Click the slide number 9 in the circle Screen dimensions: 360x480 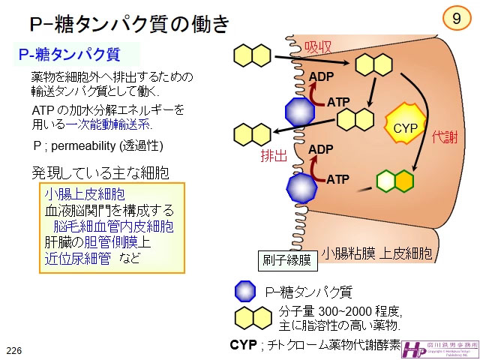(x=456, y=19)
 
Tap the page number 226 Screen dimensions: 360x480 (x=14, y=350)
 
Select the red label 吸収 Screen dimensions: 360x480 (x=318, y=46)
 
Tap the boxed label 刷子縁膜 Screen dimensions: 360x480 (x=286, y=260)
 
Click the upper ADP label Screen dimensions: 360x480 (x=321, y=76)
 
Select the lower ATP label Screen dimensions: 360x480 (x=337, y=179)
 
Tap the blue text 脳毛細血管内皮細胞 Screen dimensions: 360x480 (x=113, y=226)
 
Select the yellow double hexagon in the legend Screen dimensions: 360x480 (x=253, y=316)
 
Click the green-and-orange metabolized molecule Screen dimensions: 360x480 (x=395, y=181)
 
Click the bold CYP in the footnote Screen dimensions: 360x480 (x=243, y=345)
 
